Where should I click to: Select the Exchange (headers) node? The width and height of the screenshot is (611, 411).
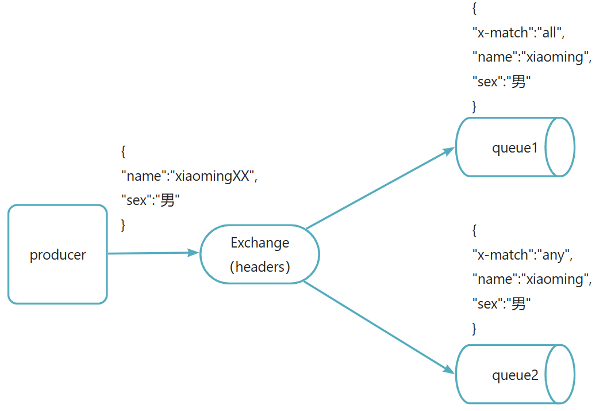(259, 254)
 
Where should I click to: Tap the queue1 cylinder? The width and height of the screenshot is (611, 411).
(515, 147)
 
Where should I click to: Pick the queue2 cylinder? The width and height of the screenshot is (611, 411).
(515, 375)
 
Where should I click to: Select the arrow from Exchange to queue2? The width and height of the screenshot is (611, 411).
(376, 326)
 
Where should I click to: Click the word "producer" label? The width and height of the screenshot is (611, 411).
(57, 255)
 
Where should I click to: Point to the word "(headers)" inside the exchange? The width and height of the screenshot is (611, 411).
(260, 267)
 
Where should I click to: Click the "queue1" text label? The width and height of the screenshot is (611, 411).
(515, 148)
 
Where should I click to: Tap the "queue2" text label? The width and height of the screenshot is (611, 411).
(515, 376)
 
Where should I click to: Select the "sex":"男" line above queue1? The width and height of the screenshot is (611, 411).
(500, 82)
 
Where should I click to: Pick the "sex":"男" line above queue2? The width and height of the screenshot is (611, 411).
(500, 304)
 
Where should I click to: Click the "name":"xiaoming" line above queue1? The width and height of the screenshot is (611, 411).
(532, 58)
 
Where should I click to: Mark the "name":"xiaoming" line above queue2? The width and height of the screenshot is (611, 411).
(532, 280)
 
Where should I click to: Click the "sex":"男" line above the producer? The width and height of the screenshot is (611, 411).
(150, 200)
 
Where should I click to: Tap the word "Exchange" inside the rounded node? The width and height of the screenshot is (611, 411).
(260, 243)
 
